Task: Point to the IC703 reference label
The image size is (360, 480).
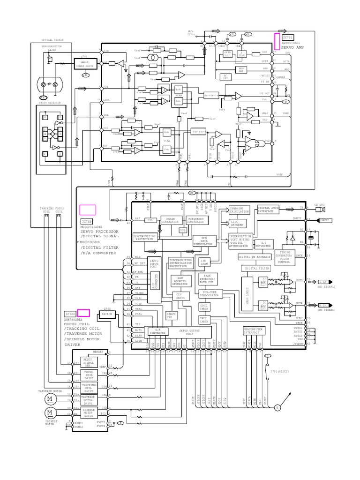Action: tap(70, 314)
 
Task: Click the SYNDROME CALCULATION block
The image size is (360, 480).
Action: tap(240, 210)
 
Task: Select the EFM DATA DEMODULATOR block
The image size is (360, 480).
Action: tap(203, 241)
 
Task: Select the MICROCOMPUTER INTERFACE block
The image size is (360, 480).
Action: tap(255, 331)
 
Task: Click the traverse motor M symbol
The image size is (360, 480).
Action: tap(50, 398)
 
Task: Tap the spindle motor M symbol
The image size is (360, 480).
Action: tap(50, 412)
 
